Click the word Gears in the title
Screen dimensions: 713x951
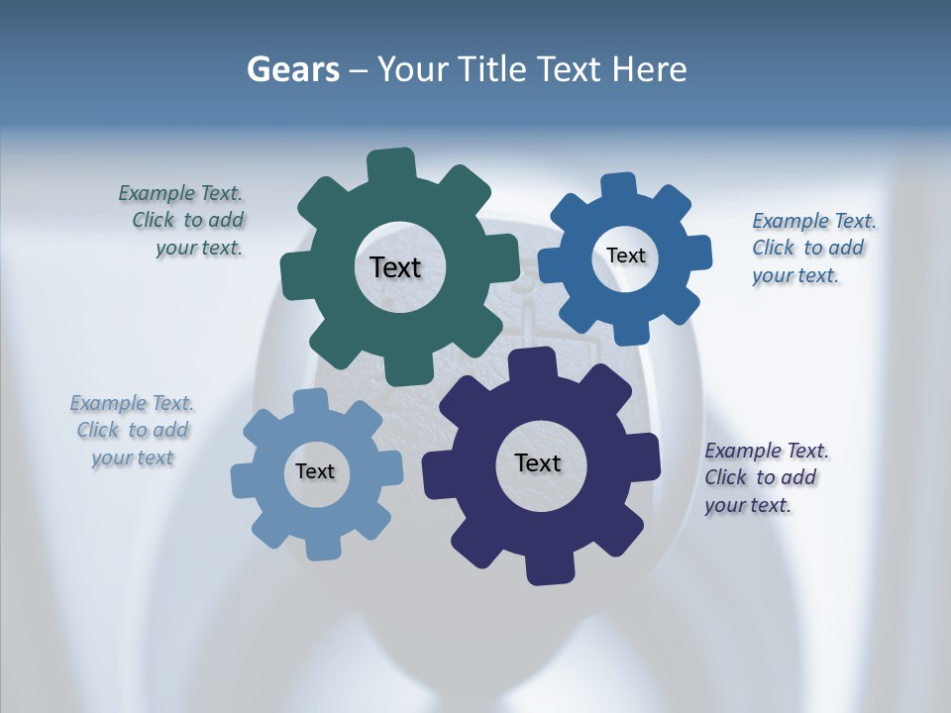[x=293, y=69]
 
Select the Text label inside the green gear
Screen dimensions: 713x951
[x=395, y=267]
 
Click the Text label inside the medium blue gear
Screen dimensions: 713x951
[x=625, y=255]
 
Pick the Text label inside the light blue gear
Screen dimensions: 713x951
[x=315, y=471]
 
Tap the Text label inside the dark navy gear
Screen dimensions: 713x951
[x=538, y=462]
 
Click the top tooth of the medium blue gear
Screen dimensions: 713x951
[x=618, y=186]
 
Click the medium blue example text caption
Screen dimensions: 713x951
[x=812, y=249]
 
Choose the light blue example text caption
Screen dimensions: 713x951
[x=132, y=431]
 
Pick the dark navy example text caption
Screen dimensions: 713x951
[x=765, y=477]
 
